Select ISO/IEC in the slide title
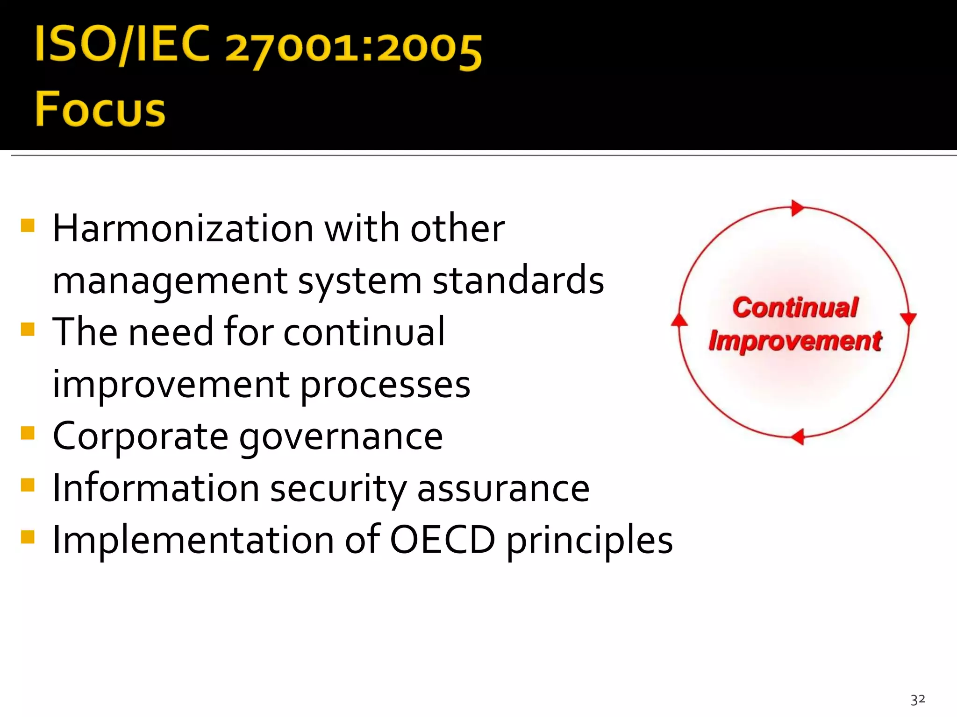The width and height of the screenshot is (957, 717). click(x=122, y=44)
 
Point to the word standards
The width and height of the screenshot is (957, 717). click(x=518, y=281)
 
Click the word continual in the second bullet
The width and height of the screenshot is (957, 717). click(x=364, y=332)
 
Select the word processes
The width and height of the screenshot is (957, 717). click(x=385, y=386)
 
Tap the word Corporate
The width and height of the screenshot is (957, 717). click(x=141, y=436)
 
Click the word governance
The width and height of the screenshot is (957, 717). click(x=341, y=437)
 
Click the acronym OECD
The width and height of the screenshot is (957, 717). click(x=442, y=540)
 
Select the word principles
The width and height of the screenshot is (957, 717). click(x=590, y=541)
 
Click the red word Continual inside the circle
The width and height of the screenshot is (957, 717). click(x=795, y=308)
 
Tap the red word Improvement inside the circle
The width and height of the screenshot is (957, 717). click(x=795, y=341)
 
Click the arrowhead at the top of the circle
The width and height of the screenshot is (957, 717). click(x=797, y=208)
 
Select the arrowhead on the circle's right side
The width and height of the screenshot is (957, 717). click(x=908, y=319)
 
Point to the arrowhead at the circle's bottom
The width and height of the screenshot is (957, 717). click(x=798, y=436)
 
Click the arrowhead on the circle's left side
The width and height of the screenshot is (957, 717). click(x=679, y=319)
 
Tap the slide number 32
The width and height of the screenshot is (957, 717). click(x=918, y=699)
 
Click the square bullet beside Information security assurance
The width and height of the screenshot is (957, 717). click(x=28, y=485)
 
